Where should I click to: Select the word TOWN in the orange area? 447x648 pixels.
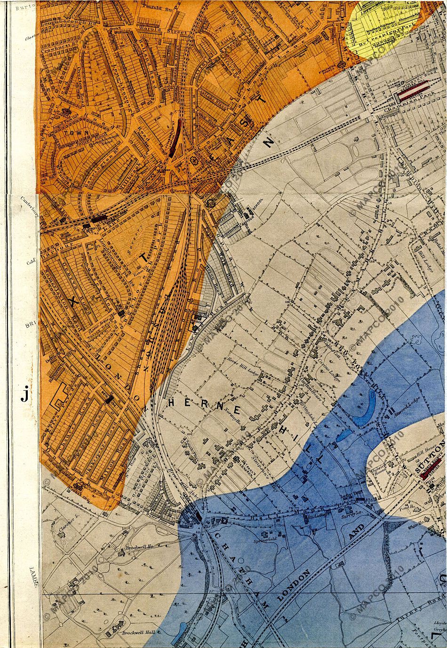pos(68,133)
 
